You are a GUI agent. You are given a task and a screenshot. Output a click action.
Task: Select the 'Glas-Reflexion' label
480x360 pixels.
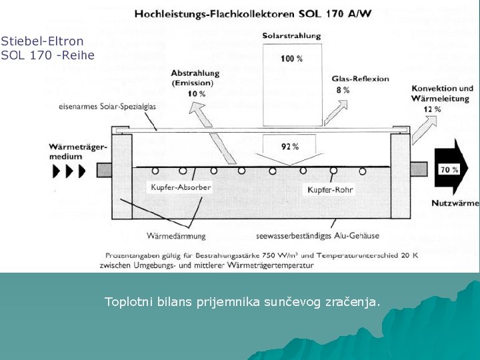click(360, 79)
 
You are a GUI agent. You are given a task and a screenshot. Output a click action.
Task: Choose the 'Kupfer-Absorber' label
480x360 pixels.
click(181, 187)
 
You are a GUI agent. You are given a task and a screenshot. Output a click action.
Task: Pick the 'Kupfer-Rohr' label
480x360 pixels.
click(330, 190)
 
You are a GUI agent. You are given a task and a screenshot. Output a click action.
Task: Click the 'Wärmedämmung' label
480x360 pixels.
click(176, 235)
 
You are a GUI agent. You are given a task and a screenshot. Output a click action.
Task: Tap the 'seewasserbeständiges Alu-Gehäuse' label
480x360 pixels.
click(317, 235)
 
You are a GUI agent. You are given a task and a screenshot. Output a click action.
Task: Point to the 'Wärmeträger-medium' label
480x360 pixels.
click(77, 151)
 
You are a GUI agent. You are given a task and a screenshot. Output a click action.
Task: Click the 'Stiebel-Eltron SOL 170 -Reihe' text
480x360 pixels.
click(47, 48)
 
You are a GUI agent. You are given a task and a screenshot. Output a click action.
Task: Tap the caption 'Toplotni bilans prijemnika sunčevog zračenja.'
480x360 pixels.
click(243, 302)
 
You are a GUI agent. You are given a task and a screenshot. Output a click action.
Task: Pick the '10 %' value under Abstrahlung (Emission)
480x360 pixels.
click(197, 94)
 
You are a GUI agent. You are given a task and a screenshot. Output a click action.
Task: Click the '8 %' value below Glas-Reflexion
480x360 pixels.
click(343, 90)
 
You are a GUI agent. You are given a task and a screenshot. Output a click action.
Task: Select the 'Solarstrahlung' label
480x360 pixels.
click(291, 35)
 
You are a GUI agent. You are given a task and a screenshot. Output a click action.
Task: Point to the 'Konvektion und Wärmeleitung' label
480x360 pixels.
click(443, 93)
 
